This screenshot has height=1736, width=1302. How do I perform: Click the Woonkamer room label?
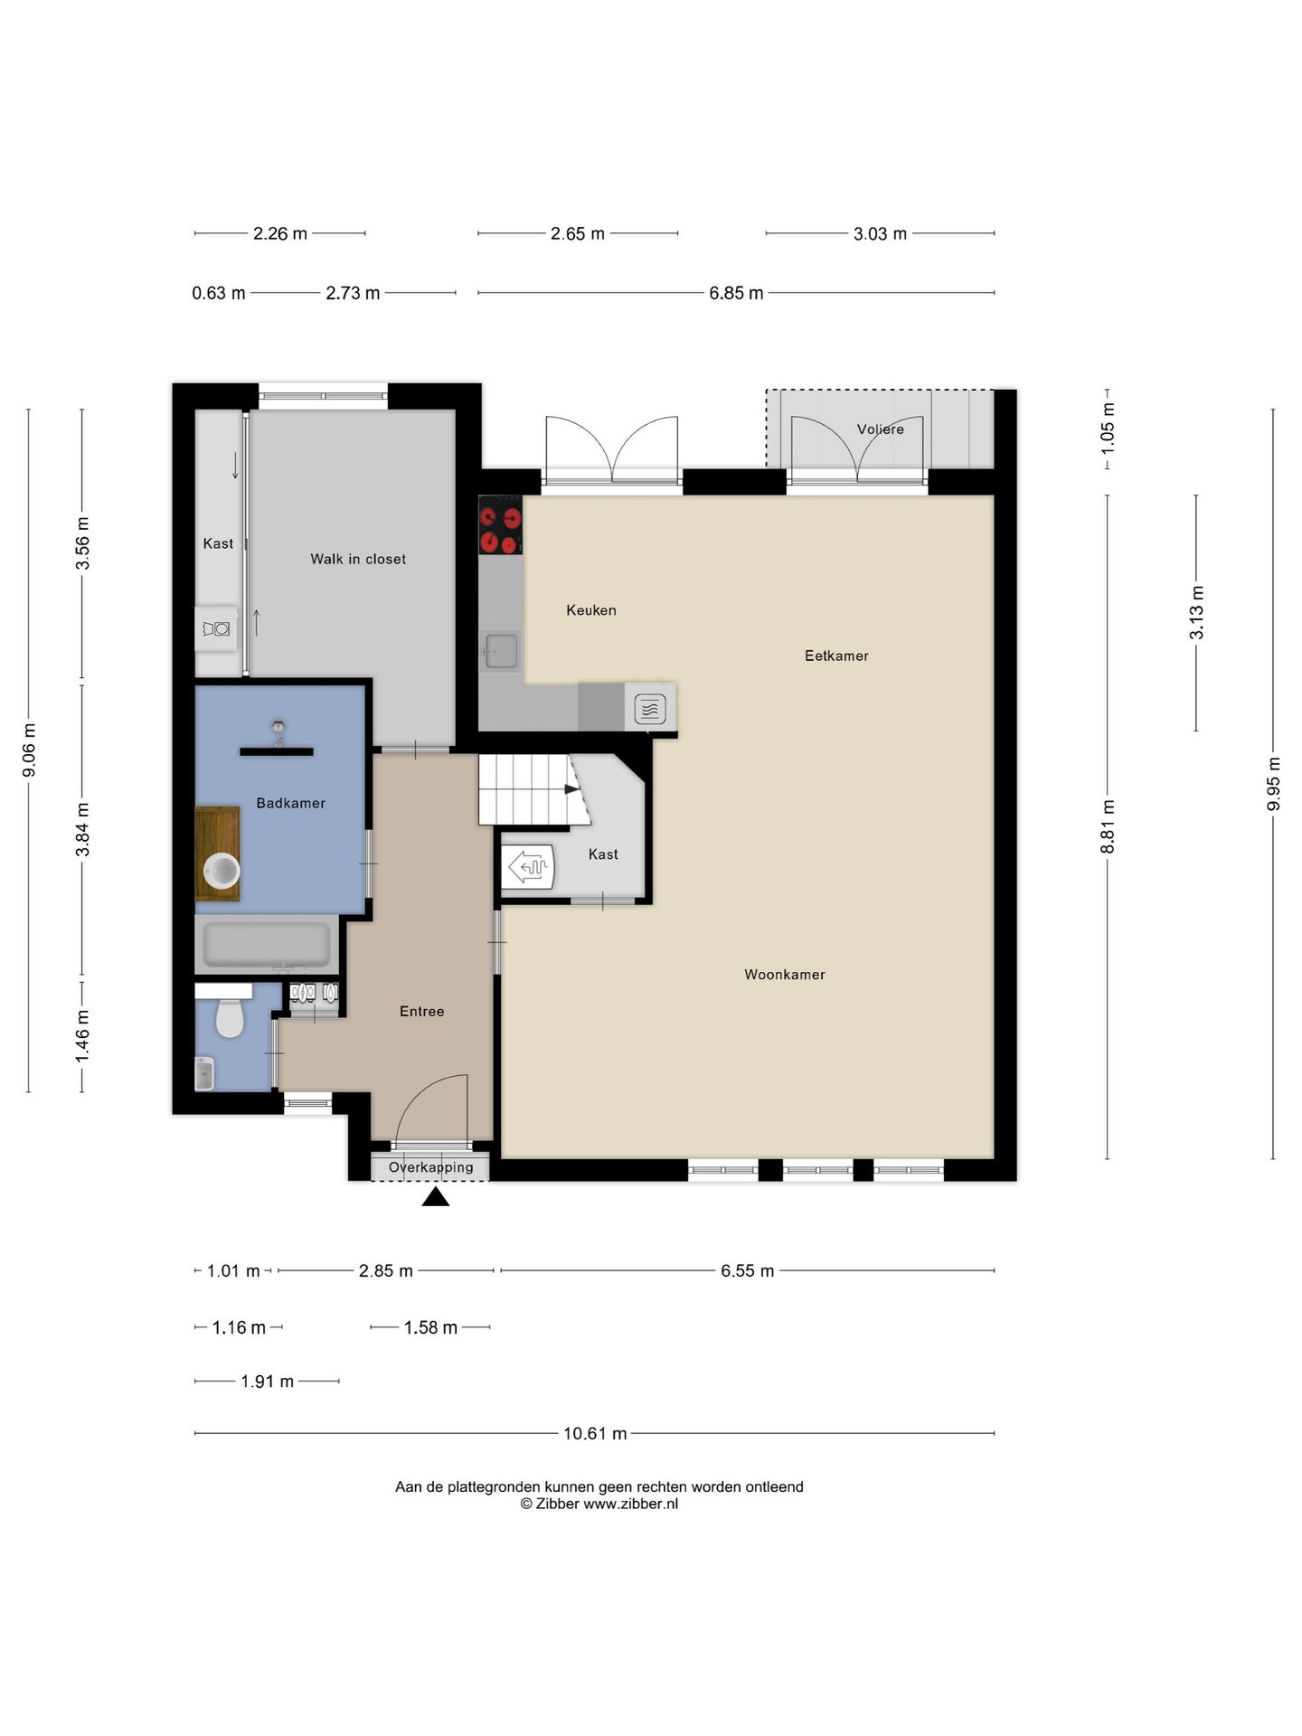(784, 974)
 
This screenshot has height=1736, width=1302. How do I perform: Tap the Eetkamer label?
(836, 656)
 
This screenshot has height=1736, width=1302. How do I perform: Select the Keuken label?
(591, 610)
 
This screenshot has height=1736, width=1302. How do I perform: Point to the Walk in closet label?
(358, 559)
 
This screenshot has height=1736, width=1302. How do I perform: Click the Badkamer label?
(290, 803)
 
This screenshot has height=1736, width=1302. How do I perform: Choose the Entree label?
(421, 1011)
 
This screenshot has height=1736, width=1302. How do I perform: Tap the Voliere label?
(880, 429)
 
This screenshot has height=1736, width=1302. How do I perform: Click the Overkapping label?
(430, 1167)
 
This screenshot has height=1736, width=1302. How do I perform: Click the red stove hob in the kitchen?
(500, 524)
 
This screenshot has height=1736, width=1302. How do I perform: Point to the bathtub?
(267, 944)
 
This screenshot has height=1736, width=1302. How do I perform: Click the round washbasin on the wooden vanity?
(222, 872)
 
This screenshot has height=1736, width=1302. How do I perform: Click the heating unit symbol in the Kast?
(529, 867)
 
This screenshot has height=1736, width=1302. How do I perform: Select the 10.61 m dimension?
(595, 1433)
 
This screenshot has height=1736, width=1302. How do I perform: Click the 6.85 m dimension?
(736, 293)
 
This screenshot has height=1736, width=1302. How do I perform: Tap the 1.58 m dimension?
(430, 1327)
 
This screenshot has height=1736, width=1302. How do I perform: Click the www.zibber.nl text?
(630, 1504)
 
